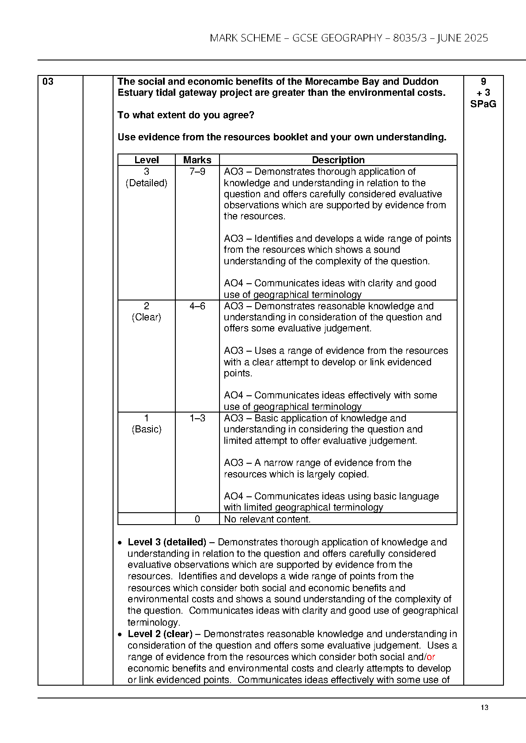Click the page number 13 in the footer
[484, 708]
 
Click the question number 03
[48, 82]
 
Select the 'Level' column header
[147, 160]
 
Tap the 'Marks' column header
[197, 160]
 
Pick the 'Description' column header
[338, 160]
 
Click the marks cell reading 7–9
[197, 172]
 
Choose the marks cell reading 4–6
[197, 306]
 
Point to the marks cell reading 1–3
[197, 418]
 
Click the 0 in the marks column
[197, 519]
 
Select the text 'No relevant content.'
[267, 519]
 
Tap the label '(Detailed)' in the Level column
[147, 183]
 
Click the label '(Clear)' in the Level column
[147, 317]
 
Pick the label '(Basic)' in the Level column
[147, 429]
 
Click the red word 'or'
[431, 657]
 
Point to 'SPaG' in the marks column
[483, 104]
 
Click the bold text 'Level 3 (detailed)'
[167, 542]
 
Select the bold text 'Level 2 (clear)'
[160, 634]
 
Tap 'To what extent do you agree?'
[186, 115]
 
